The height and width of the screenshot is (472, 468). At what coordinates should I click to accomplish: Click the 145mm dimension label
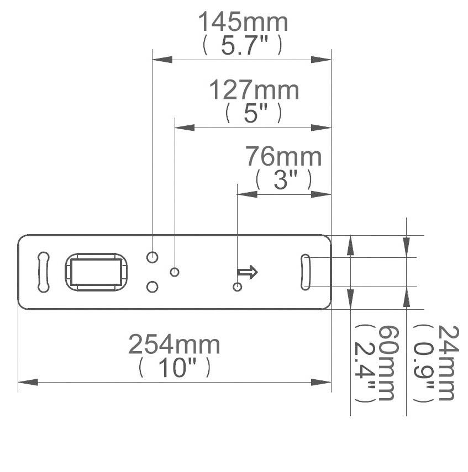tap(243, 23)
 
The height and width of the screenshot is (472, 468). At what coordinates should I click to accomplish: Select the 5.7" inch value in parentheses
tap(243, 45)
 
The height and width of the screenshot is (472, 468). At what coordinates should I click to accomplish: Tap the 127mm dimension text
tap(254, 91)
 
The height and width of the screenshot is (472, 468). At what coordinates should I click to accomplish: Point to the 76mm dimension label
tap(283, 157)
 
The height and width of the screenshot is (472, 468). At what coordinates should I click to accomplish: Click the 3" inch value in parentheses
tap(283, 180)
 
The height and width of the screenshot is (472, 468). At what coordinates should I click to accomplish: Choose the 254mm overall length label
tap(174, 345)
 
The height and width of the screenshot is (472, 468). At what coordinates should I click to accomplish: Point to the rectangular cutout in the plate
tap(95, 272)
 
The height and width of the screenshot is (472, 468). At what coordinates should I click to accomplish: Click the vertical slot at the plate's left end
tap(43, 272)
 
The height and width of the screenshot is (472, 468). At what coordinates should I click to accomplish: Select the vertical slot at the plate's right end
tap(306, 272)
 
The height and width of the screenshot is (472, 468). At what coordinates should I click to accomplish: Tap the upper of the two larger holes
tap(153, 257)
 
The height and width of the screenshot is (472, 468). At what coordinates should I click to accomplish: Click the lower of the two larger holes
tap(153, 287)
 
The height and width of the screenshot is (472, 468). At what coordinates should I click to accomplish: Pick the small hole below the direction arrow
tap(238, 287)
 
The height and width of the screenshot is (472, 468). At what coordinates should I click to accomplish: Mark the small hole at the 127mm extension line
tap(175, 272)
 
